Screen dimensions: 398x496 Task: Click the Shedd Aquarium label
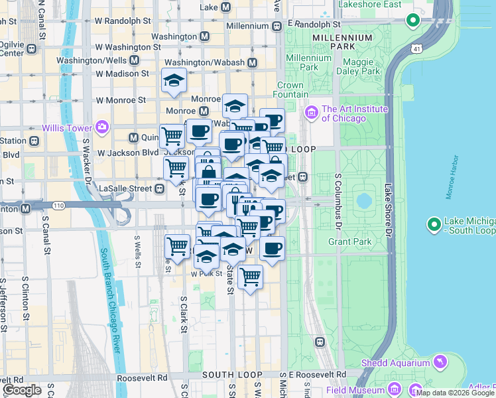(x=395, y=363)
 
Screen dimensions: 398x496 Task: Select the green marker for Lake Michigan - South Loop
(x=434, y=225)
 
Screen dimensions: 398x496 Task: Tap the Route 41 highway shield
(x=416, y=49)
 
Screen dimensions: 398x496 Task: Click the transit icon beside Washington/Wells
(x=134, y=60)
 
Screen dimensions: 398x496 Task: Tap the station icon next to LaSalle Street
(x=160, y=189)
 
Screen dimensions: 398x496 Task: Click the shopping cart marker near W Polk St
(x=250, y=276)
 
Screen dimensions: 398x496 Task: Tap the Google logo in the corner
(x=23, y=390)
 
